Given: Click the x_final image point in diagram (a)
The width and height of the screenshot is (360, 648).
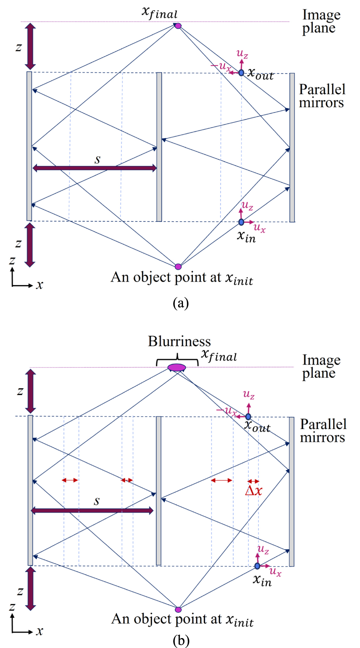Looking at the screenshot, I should coord(178,26).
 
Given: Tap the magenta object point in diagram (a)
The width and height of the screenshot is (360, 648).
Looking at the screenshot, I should coord(178,266).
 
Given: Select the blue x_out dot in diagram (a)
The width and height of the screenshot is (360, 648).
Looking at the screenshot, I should coord(241,73).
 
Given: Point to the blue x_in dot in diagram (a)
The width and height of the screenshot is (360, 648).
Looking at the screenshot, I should coord(241,222).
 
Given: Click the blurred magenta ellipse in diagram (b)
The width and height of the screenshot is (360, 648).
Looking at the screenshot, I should coord(177,368).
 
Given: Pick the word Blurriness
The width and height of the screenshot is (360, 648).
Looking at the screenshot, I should coord(179,341).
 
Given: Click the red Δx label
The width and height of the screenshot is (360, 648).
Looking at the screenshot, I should coord(254,491).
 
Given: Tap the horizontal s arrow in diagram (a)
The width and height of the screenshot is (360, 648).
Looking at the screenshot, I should coord(94,168).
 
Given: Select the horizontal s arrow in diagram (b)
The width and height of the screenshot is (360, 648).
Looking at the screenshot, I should coord(92,511).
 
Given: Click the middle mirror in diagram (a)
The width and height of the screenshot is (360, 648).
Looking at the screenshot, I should coord(159,147).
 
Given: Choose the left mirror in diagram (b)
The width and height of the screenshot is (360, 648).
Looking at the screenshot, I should coord(30,490).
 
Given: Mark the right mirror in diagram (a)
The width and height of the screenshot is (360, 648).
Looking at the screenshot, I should coord(292,148).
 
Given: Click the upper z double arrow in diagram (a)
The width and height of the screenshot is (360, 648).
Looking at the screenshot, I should coord(30,46).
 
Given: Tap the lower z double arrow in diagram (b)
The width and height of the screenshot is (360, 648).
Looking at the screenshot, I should coord(31,589).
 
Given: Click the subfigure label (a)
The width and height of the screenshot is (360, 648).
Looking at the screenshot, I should coord(181,303).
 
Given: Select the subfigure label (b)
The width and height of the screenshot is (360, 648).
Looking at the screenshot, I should coord(181,641).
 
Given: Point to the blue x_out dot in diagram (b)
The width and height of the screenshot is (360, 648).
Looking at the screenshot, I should coord(248,417).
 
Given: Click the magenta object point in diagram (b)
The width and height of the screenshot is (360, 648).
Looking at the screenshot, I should coord(178,609).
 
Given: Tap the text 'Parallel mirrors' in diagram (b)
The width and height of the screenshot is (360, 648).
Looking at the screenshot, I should coord(323,431).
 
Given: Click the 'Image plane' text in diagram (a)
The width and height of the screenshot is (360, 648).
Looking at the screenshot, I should coord(321,21).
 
